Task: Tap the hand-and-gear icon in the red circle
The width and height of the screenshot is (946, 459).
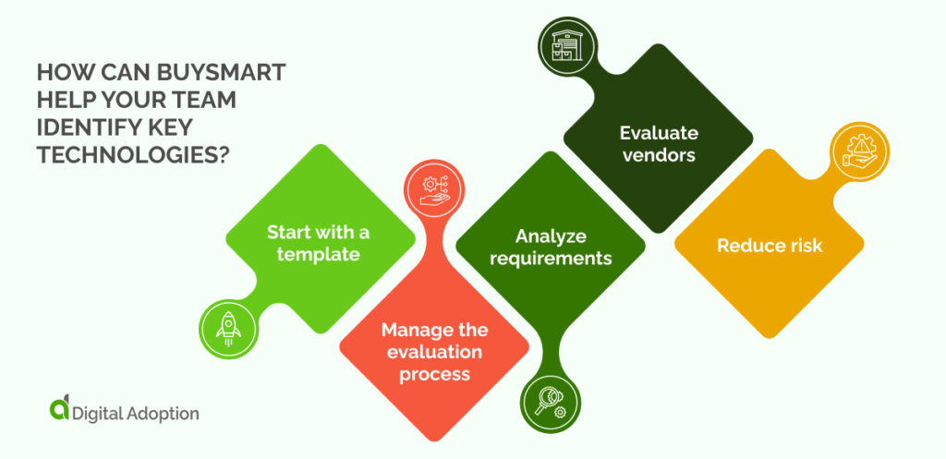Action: point(433,188)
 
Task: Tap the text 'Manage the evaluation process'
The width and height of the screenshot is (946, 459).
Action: point(434,352)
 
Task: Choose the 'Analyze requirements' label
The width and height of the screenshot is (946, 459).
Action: point(551,247)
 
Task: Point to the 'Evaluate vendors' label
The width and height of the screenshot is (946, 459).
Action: point(658,143)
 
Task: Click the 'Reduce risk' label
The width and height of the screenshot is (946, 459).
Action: point(769,246)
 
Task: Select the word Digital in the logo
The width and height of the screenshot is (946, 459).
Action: point(96,413)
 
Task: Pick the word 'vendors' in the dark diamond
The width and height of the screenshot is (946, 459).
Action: point(658,154)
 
